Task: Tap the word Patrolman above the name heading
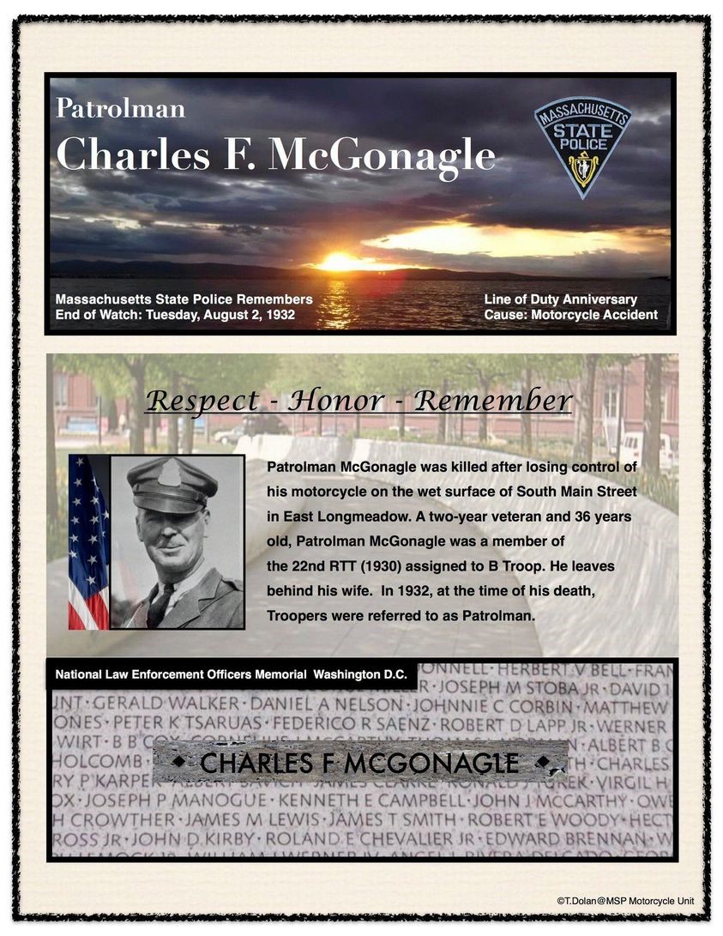point(120,109)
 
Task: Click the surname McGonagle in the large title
point(383,154)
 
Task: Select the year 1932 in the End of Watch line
point(279,315)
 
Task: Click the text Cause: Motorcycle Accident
point(570,315)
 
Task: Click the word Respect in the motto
point(202,401)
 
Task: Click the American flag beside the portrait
point(88,540)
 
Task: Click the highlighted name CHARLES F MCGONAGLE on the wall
point(359,762)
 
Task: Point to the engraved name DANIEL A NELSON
point(322,705)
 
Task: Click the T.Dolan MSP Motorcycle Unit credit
point(624,902)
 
